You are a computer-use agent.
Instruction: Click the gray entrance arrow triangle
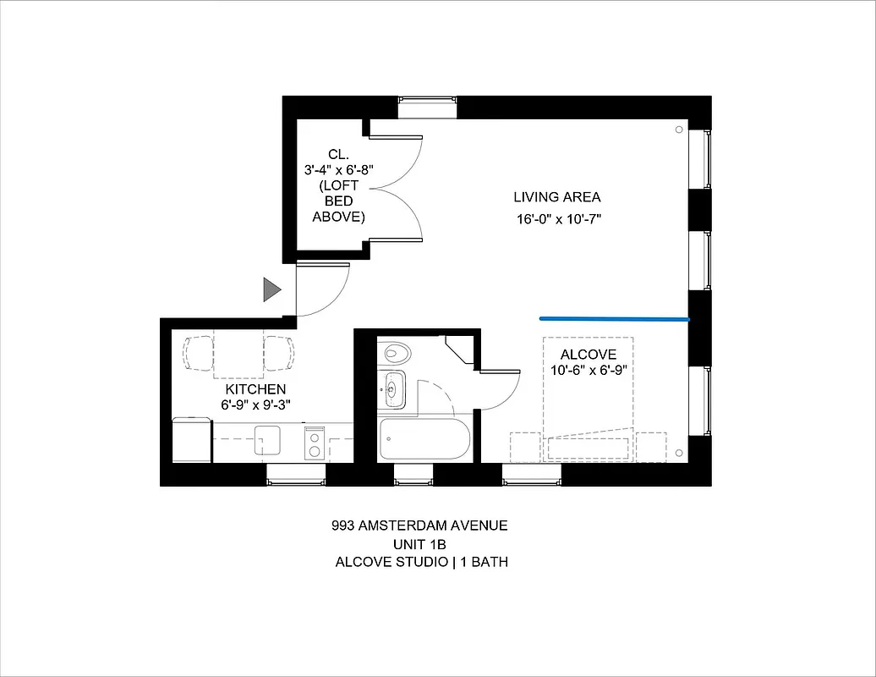pyautogui.click(x=271, y=289)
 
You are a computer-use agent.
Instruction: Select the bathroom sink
pyautogui.click(x=392, y=389)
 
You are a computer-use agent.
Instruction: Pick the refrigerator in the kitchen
pyautogui.click(x=192, y=440)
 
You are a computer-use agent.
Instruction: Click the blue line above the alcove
pyautogui.click(x=615, y=319)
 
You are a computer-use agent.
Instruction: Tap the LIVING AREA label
pyautogui.click(x=557, y=197)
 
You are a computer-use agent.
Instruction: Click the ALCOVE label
pyautogui.click(x=589, y=354)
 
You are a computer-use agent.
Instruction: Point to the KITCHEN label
pyautogui.click(x=255, y=388)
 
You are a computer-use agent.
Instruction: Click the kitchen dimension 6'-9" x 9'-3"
pyautogui.click(x=255, y=405)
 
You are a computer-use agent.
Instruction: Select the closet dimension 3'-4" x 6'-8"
pyautogui.click(x=338, y=170)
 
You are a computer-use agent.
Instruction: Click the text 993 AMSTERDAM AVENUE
pyautogui.click(x=420, y=526)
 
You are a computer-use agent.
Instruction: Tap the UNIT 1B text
pyautogui.click(x=420, y=543)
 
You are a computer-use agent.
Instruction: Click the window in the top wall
pyautogui.click(x=427, y=107)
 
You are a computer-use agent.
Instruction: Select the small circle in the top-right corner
pyautogui.click(x=679, y=129)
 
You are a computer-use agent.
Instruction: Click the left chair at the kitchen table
pyautogui.click(x=200, y=352)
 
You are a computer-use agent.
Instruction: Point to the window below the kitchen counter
pyautogui.click(x=296, y=475)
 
